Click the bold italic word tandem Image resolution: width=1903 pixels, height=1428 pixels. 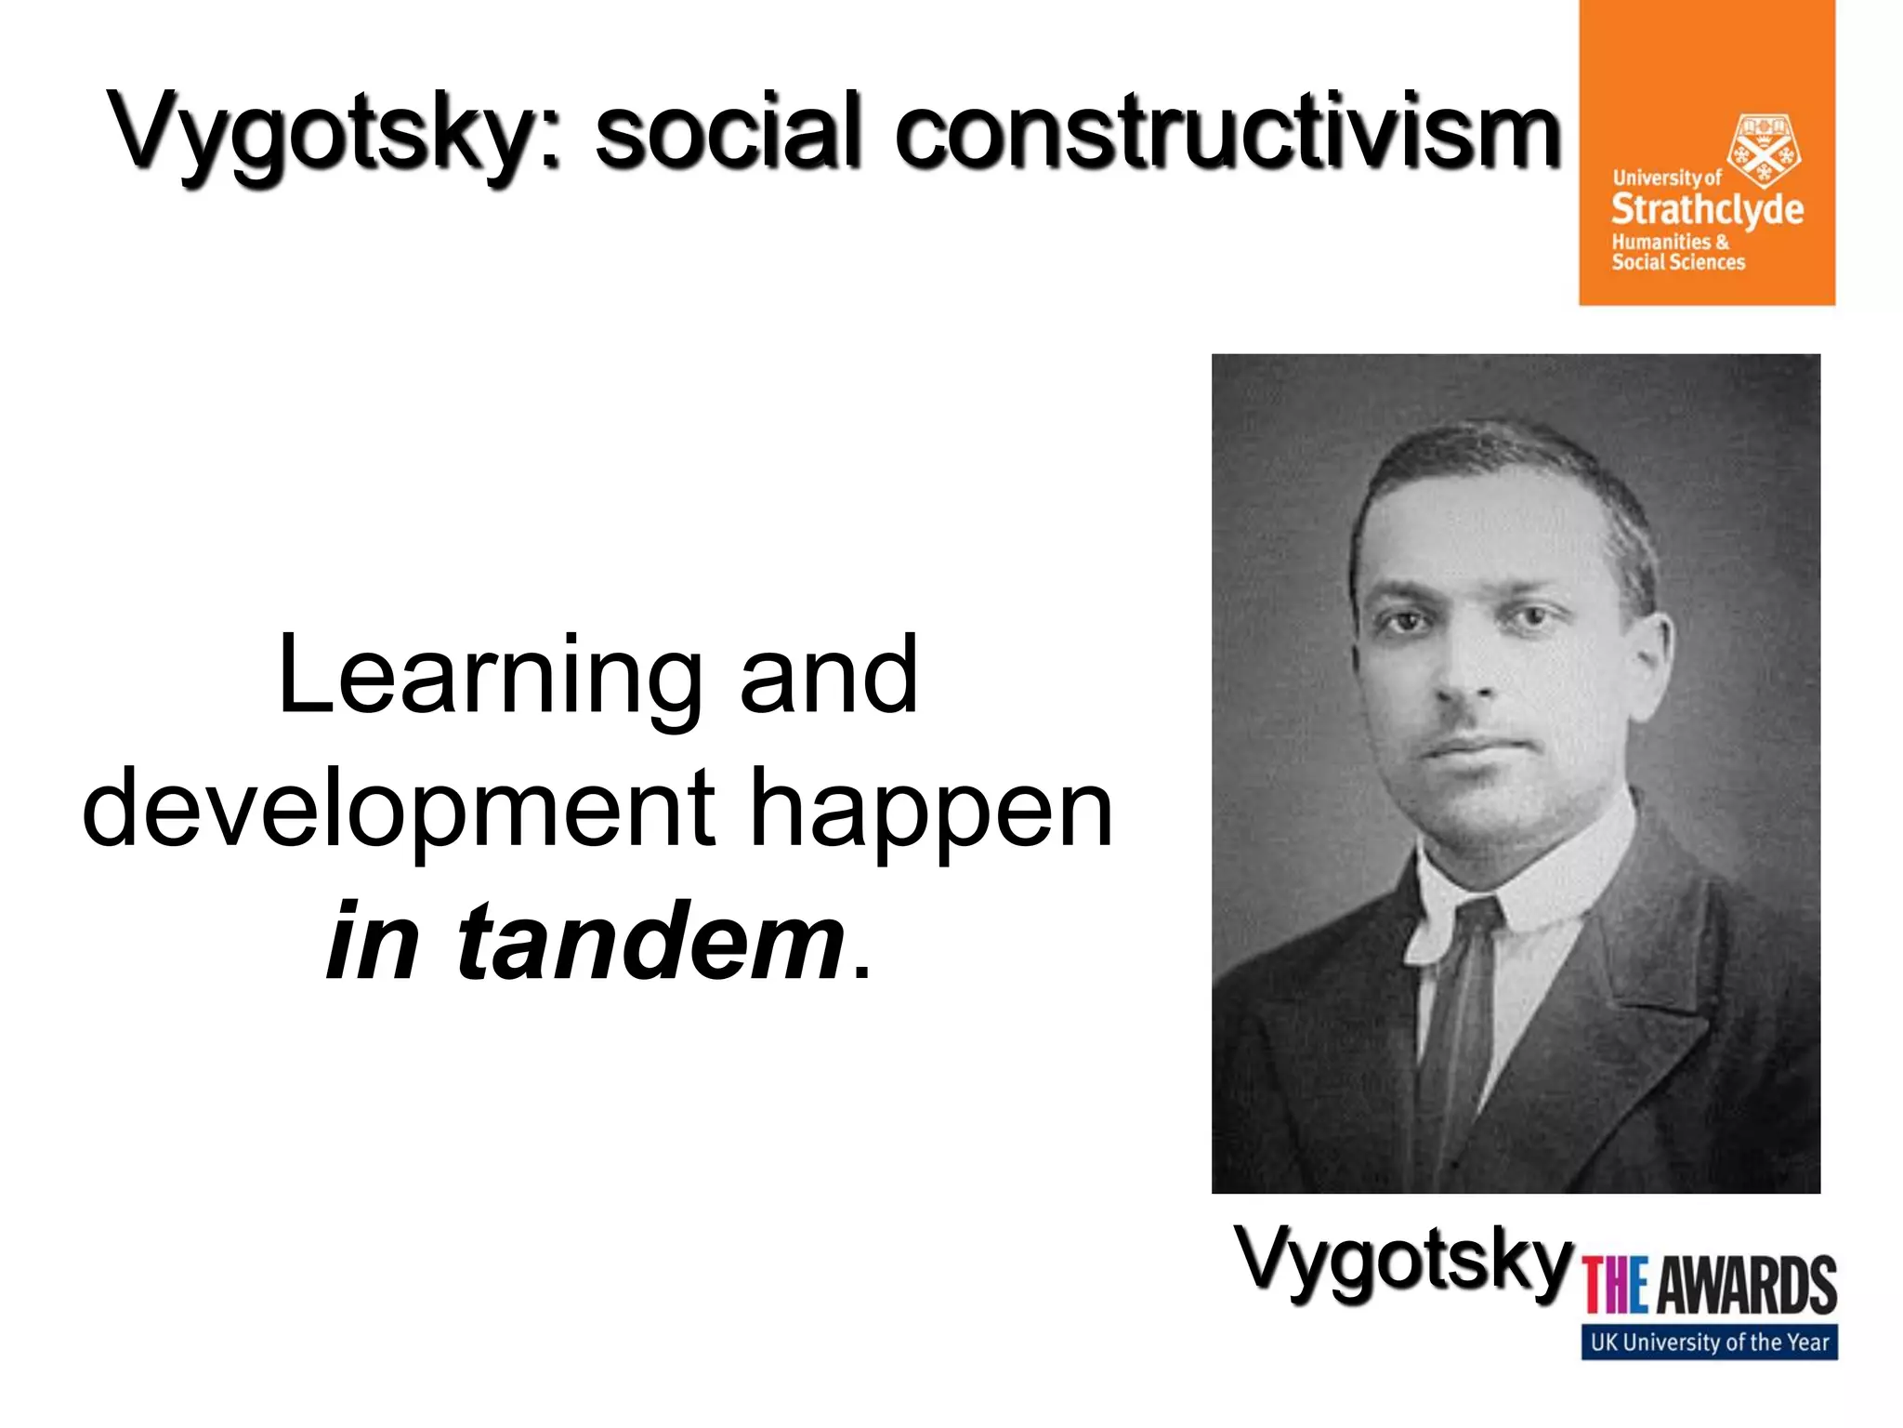click(x=650, y=942)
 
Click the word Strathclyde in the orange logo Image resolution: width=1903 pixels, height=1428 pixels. click(x=1707, y=209)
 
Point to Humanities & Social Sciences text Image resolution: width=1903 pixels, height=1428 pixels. click(x=1678, y=252)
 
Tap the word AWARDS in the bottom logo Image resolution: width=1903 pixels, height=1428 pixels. click(x=1747, y=1286)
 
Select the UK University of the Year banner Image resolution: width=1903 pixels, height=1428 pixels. click(x=1709, y=1342)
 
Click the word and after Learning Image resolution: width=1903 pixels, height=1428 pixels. click(x=828, y=677)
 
